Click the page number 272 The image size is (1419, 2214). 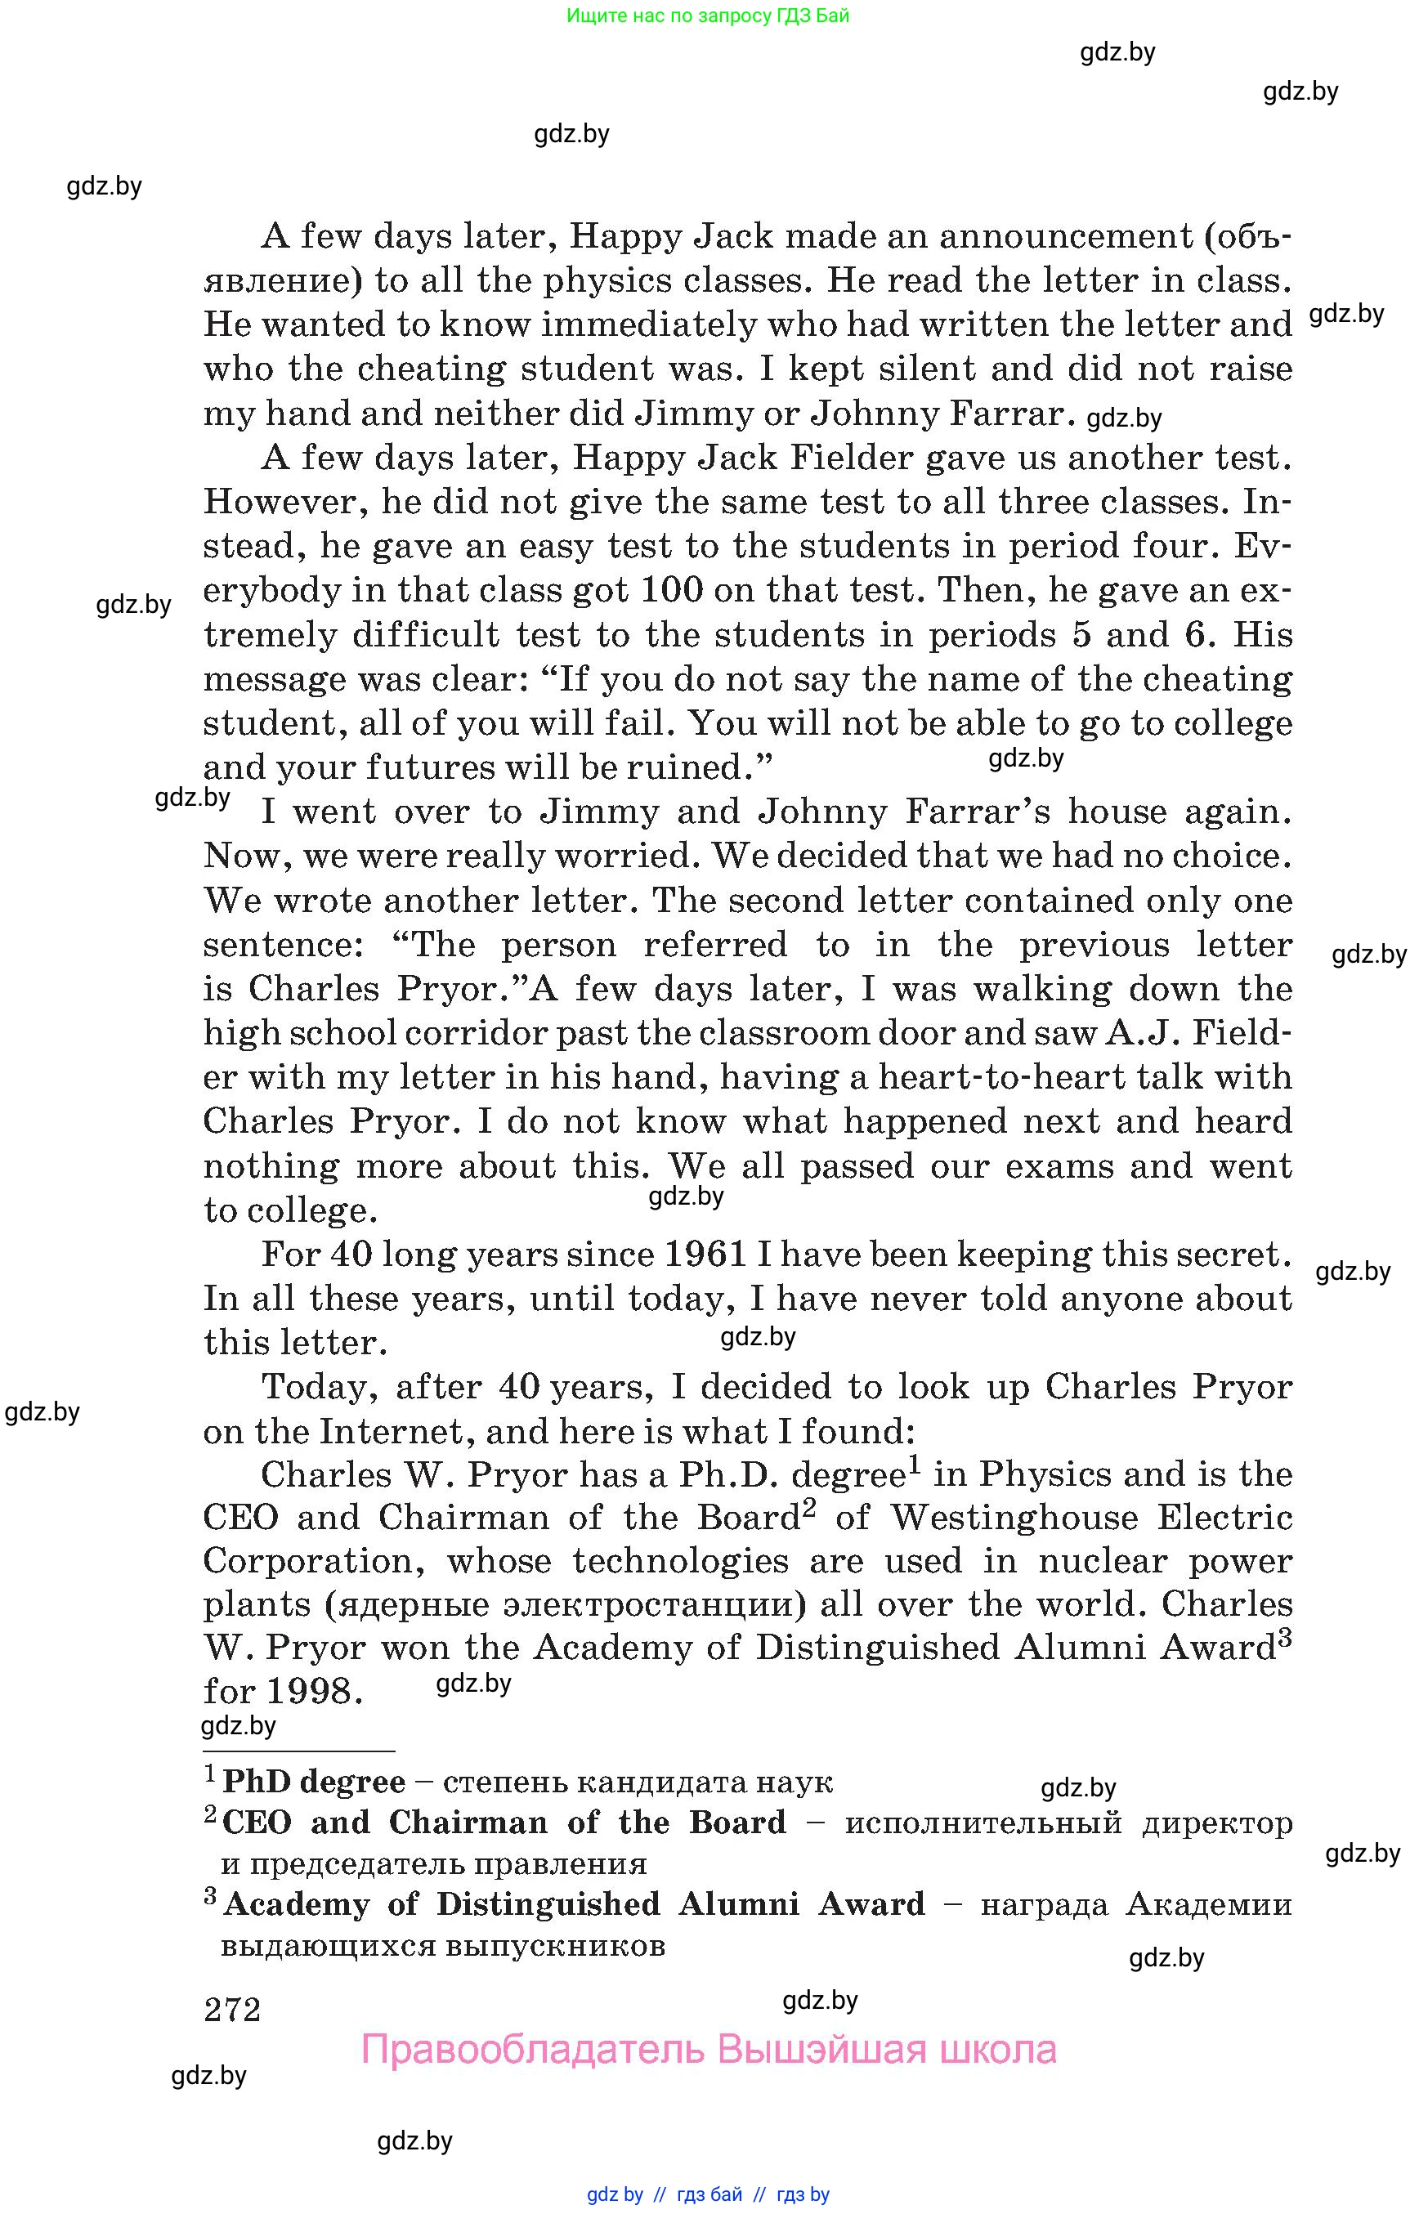tap(232, 2009)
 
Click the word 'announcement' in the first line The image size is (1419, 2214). tap(1066, 237)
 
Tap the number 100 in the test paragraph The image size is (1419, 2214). tap(671, 589)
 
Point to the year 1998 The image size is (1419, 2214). tap(309, 1691)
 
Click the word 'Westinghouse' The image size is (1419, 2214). tap(1014, 1518)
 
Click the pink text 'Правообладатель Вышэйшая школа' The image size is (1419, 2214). tap(709, 2049)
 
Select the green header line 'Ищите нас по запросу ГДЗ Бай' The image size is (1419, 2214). tap(708, 16)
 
